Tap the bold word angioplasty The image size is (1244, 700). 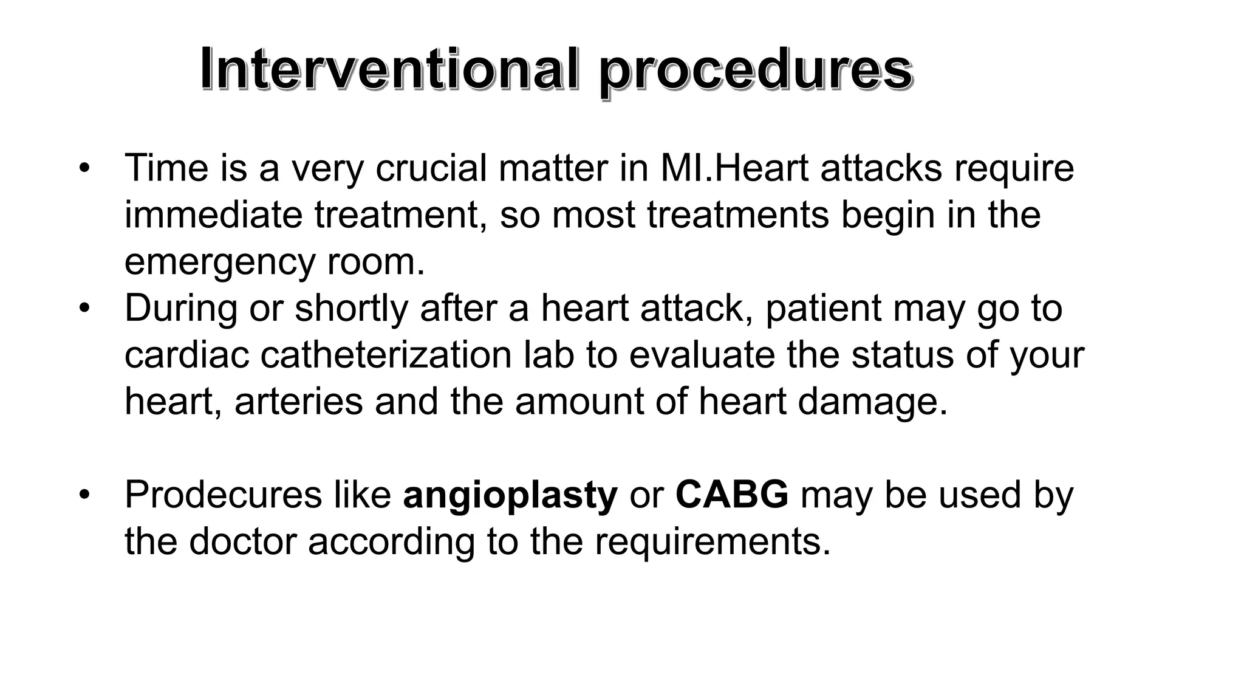pos(510,496)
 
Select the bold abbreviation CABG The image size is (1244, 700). pos(731,494)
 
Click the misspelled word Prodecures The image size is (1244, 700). pos(223,495)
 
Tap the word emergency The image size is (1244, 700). pos(219,262)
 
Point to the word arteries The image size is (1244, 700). pos(298,402)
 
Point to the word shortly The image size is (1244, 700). pos(351,309)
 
